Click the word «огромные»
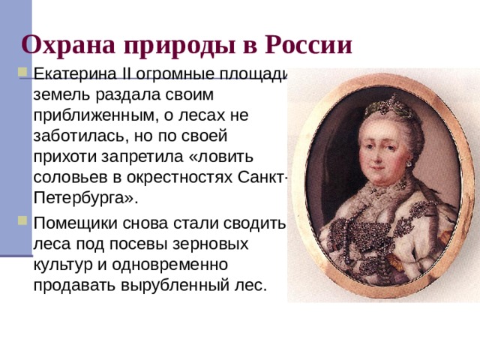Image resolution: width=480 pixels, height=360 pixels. (170, 76)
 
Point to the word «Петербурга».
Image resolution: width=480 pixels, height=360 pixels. (82, 198)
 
